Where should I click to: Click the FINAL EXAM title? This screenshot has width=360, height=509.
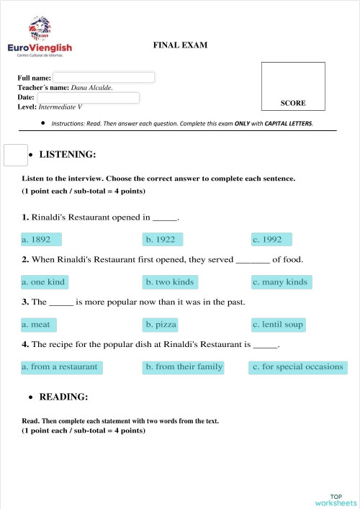pyautogui.click(x=180, y=45)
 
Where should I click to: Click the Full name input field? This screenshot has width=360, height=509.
pyautogui.click(x=104, y=77)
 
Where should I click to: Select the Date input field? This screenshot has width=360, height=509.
pyautogui.click(x=88, y=97)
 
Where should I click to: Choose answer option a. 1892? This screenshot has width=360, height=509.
pyautogui.click(x=41, y=239)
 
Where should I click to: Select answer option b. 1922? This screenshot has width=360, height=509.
pyautogui.click(x=163, y=239)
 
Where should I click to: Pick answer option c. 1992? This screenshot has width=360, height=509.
pyautogui.click(x=271, y=239)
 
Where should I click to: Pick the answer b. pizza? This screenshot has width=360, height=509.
pyautogui.click(x=161, y=324)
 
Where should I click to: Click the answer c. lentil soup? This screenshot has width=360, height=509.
pyautogui.click(x=278, y=324)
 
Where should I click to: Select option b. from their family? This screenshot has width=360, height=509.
pyautogui.click(x=184, y=366)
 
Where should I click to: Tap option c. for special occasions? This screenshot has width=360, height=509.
pyautogui.click(x=297, y=366)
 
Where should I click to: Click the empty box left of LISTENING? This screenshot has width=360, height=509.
pyautogui.click(x=15, y=155)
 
